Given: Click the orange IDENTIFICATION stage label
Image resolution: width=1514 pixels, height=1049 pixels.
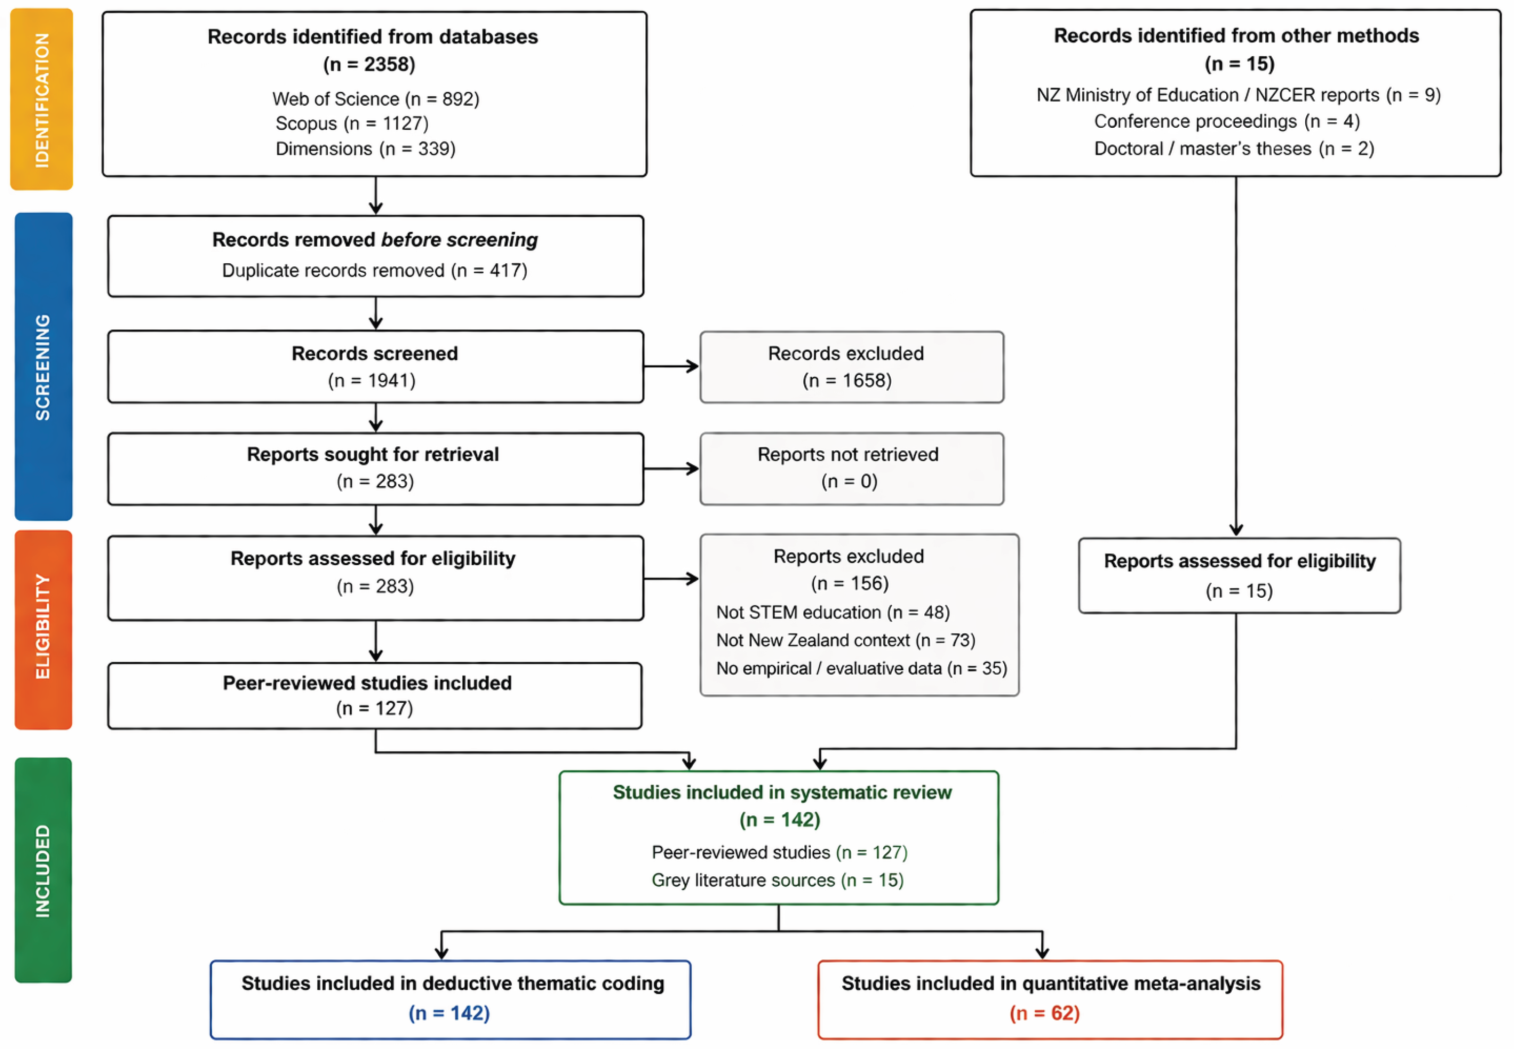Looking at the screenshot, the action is click(41, 99).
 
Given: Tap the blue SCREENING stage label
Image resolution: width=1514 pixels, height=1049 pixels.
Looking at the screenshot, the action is click(43, 366).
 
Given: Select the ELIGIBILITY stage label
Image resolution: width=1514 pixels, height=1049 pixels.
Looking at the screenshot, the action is click(43, 630).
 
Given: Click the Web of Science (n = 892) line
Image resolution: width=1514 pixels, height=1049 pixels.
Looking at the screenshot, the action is click(376, 99).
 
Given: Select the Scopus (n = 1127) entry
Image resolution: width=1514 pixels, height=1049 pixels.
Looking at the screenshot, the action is click(352, 124).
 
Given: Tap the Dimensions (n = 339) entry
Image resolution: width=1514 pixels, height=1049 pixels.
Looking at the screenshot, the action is click(365, 148).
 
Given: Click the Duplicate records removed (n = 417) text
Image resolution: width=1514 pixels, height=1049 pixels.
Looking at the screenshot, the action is click(374, 270).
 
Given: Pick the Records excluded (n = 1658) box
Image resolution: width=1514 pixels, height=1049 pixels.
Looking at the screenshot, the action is click(852, 367).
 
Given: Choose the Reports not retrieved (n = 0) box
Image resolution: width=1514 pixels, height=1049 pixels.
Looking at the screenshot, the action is click(852, 469).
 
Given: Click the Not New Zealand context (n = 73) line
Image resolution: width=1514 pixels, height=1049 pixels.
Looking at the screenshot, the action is click(846, 640).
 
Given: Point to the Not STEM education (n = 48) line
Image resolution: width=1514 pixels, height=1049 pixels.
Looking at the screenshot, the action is click(833, 613).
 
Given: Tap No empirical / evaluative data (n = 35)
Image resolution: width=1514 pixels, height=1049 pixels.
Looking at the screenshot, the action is click(862, 668).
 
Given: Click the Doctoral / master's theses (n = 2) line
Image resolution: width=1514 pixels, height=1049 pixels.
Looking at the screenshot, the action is click(1234, 148).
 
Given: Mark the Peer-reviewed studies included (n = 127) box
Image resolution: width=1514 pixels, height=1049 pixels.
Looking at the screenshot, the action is click(375, 695).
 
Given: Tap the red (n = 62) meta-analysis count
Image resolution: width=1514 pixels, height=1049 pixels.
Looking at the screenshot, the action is click(1044, 1013).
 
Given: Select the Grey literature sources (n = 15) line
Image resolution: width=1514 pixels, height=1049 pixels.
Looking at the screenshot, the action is click(777, 880).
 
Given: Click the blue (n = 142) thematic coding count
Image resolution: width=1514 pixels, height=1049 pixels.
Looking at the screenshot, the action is click(449, 1013).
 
